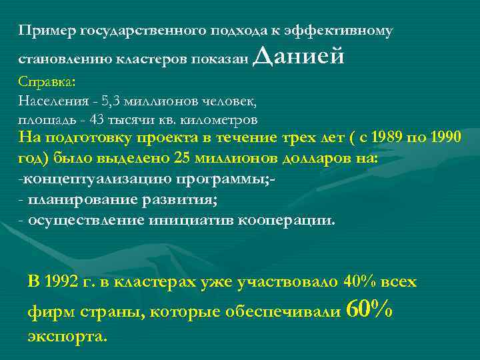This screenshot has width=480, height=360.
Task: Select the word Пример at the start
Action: (x=46, y=31)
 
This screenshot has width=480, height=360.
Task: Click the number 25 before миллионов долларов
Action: (x=182, y=159)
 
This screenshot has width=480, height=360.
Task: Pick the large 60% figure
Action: (x=370, y=308)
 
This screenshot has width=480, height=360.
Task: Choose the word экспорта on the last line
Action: (x=67, y=336)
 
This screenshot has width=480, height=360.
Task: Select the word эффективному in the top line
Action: (x=339, y=31)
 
